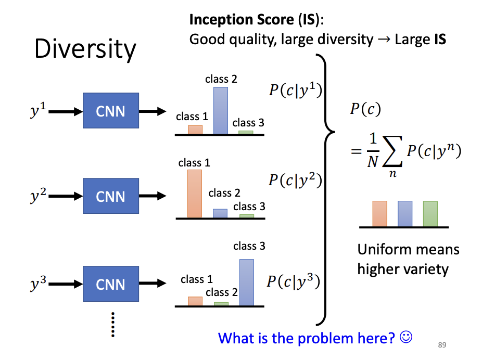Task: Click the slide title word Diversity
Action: click(85, 49)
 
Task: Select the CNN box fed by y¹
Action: click(111, 111)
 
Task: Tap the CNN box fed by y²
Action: click(111, 197)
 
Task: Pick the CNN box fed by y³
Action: click(111, 285)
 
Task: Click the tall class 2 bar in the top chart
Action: click(221, 110)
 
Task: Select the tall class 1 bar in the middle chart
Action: click(194, 193)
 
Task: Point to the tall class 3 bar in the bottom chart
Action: click(247, 282)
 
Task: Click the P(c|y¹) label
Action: click(295, 91)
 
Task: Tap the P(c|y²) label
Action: click(295, 180)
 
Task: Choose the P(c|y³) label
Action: click(293, 281)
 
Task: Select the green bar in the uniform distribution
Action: click(430, 214)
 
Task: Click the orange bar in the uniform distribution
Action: click(379, 214)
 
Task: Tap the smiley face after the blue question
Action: click(406, 337)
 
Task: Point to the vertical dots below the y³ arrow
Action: click(111, 325)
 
